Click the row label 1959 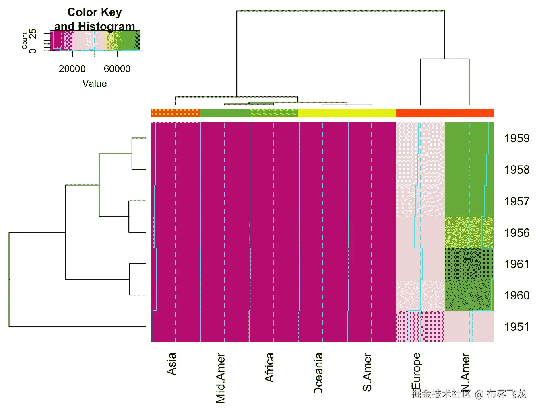(516, 138)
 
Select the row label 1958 (516, 170)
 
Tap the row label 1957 (516, 201)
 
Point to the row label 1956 (516, 233)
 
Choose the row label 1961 (516, 264)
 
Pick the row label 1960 (516, 295)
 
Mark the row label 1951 (516, 327)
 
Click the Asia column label (172, 364)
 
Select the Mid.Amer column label (221, 377)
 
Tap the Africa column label (269, 367)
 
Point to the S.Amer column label (367, 372)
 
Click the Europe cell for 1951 (420, 326)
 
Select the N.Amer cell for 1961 (469, 264)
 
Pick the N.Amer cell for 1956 (469, 233)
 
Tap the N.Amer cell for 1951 (469, 326)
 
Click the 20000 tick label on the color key (72, 69)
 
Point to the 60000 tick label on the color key (117, 69)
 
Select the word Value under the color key (95, 84)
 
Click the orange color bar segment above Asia (176, 113)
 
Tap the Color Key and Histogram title (95, 19)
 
